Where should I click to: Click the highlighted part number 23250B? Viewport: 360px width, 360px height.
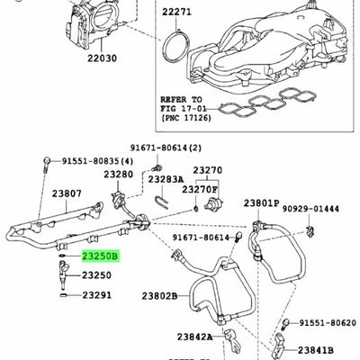coord(103,256)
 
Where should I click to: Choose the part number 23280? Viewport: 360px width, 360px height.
coord(117,174)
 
